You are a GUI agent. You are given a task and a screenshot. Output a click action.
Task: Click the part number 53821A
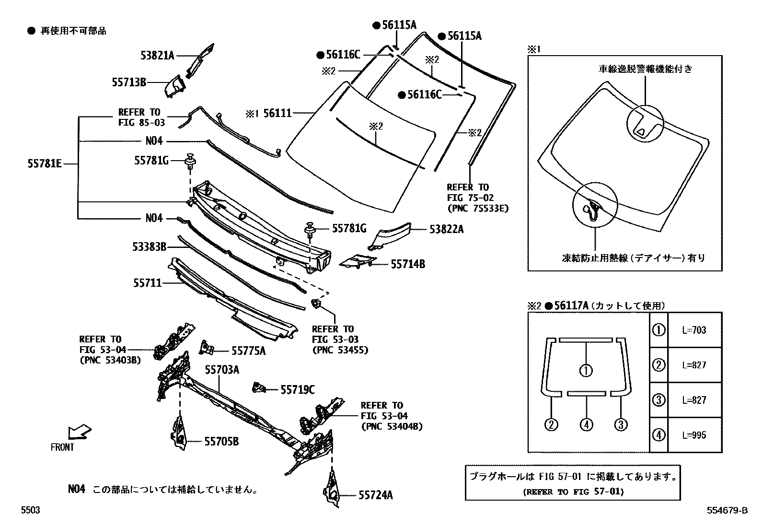point(157,55)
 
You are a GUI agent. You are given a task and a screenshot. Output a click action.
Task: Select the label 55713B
point(129,82)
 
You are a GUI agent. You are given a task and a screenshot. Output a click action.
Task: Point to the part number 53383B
point(150,247)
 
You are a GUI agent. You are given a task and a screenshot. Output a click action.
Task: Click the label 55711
point(147,283)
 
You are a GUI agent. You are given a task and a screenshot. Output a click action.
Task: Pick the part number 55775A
point(248,351)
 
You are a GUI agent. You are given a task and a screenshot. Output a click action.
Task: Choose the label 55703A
point(222,370)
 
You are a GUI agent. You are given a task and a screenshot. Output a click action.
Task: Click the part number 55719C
point(297,390)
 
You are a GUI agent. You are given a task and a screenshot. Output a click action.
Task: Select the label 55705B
point(221,442)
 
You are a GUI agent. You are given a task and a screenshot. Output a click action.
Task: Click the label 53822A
point(446,229)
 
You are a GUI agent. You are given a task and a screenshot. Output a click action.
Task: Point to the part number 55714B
point(407,264)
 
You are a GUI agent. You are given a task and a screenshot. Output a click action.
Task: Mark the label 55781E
point(45,164)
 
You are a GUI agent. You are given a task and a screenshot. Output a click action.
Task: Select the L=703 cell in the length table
point(694,330)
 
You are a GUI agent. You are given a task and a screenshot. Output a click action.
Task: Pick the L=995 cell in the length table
point(694,435)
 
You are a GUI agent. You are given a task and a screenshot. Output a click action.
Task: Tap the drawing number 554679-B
point(727,511)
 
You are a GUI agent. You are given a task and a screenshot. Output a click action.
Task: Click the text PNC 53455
point(340,350)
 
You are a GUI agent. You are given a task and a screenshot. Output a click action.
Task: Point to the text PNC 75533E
point(477,208)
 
